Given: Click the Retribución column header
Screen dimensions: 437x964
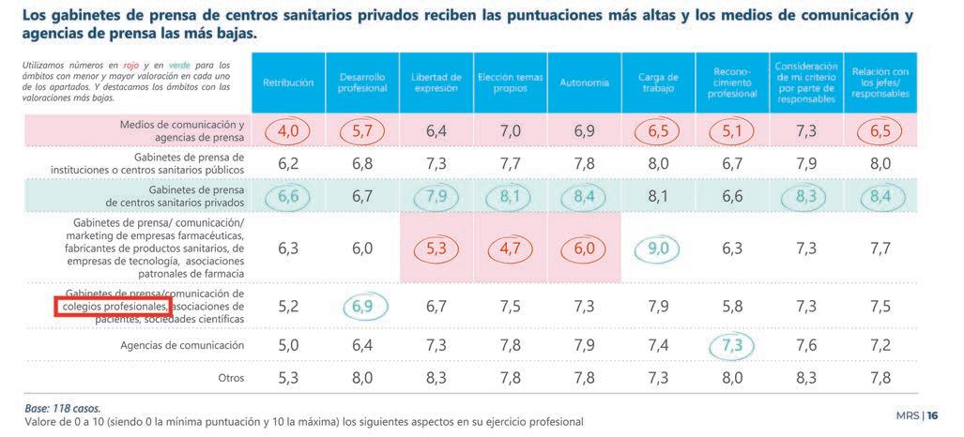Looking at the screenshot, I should pos(288,83).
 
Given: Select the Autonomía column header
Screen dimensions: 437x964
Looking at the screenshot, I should pos(584,83).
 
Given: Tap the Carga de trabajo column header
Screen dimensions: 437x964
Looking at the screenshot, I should pos(658,83).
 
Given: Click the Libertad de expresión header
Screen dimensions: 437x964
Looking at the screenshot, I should pos(436,83).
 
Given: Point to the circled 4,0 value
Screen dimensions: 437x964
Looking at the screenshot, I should pos(288,131).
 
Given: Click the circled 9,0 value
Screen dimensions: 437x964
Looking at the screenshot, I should pos(658,249).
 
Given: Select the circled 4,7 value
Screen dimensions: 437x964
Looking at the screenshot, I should pos(510,249).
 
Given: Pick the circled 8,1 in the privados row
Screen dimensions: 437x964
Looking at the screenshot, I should pos(510,196).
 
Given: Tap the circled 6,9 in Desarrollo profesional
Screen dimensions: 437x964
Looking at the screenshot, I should pos(362,307).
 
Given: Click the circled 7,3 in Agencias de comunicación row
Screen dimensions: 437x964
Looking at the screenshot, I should pos(732,345).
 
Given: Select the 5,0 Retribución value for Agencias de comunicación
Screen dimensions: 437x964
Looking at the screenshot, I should pos(288,345).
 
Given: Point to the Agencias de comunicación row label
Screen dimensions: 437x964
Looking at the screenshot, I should pos(182,345).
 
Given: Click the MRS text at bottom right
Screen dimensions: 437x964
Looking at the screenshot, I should pos(909,415).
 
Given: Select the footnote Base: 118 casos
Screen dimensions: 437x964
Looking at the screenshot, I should pos(62,408).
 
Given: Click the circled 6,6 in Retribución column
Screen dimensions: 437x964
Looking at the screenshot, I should pos(288,196).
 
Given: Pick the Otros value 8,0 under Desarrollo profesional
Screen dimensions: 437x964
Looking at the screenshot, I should pos(362,378).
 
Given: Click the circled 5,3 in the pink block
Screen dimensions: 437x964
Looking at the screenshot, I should pos(436,249).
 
